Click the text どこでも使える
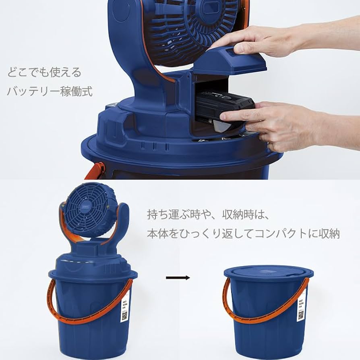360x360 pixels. click(x=44, y=73)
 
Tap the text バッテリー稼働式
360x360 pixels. click(x=50, y=91)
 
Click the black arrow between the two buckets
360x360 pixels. click(x=178, y=277)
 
